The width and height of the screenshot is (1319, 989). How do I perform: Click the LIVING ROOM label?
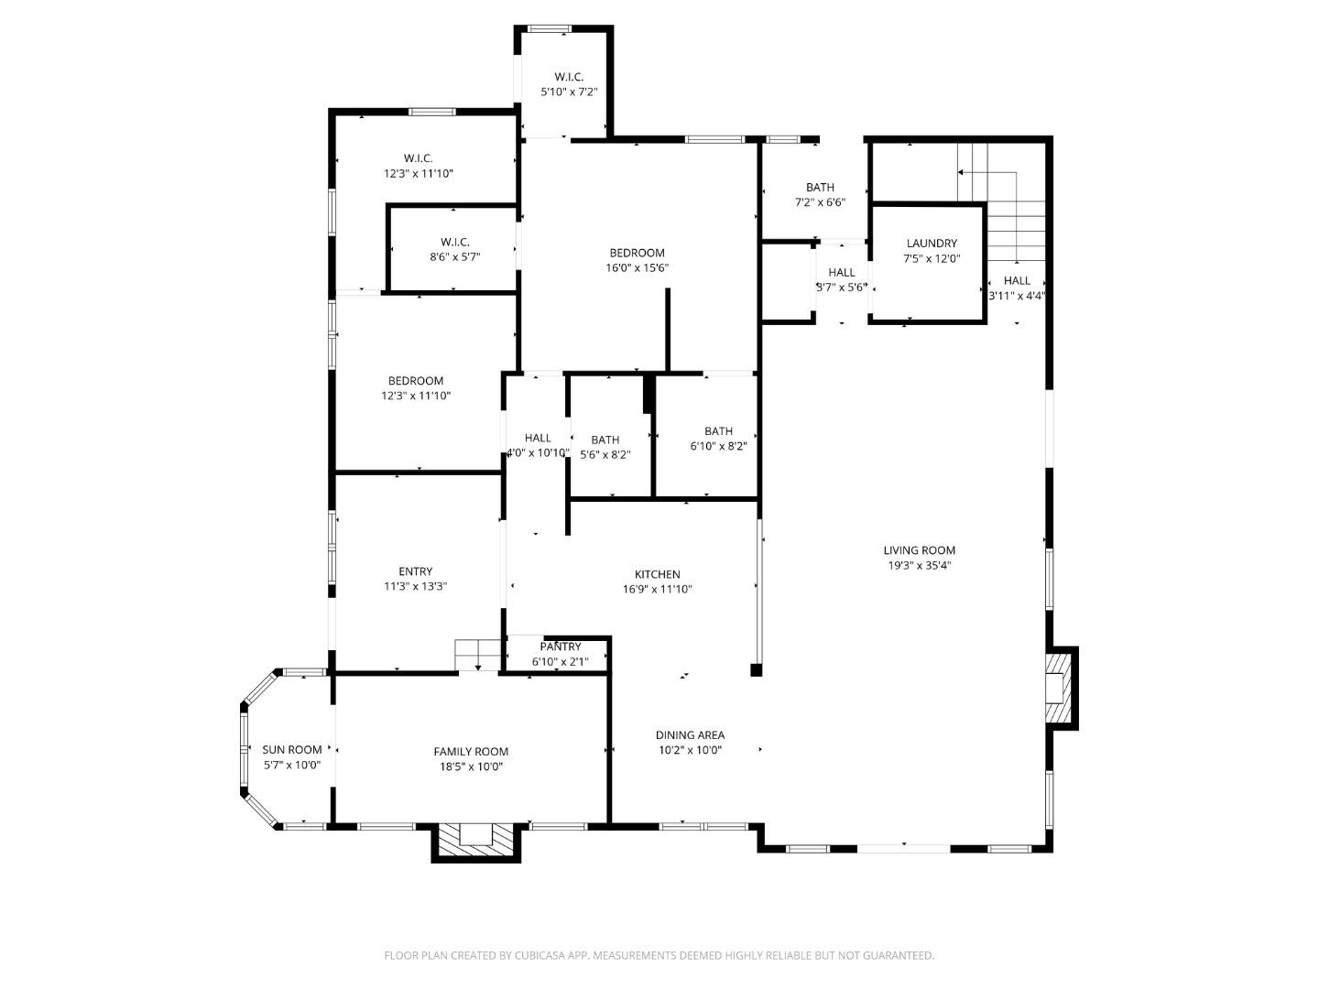[x=919, y=550]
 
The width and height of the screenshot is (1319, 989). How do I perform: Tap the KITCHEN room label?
[x=657, y=574]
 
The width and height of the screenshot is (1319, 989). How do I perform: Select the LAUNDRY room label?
[x=932, y=244]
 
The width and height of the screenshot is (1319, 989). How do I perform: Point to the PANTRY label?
[x=560, y=647]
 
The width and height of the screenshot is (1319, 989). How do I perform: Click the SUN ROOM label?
[x=292, y=749]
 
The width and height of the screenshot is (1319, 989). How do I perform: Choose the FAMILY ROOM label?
[x=471, y=752]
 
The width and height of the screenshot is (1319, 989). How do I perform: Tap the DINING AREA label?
[x=690, y=734]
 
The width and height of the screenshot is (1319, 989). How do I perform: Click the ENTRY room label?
[x=415, y=571]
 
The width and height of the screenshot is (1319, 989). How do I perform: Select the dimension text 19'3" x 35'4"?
[x=919, y=566]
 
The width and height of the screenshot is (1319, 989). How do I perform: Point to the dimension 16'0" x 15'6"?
[x=637, y=268]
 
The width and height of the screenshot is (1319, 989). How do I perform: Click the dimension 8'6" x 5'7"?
[x=454, y=257]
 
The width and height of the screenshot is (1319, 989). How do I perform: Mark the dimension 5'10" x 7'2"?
[x=568, y=92]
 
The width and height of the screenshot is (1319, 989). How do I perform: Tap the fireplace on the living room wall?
[x=1060, y=688]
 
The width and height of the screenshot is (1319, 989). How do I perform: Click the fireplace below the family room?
[x=476, y=840]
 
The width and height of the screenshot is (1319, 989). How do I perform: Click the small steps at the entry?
[x=476, y=655]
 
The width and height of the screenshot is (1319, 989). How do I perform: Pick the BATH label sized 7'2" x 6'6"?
[x=820, y=188]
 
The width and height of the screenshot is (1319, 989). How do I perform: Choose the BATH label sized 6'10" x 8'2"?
[x=718, y=431]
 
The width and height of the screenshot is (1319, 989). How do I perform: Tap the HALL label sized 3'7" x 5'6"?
[x=841, y=272]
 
